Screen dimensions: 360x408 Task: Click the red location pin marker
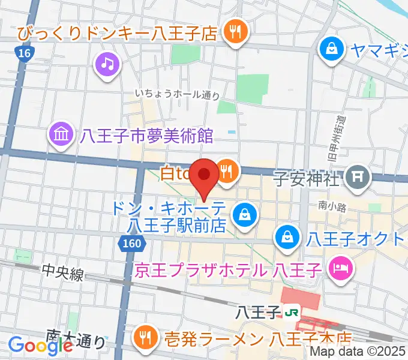[205, 175]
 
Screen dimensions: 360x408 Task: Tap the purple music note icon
[107, 62]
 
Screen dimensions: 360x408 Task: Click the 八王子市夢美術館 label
[147, 136]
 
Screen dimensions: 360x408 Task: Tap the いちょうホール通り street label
[177, 94]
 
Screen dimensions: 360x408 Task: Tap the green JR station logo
[292, 312]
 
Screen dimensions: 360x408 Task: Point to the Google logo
[41, 345]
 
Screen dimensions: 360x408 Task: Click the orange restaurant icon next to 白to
[227, 172]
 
